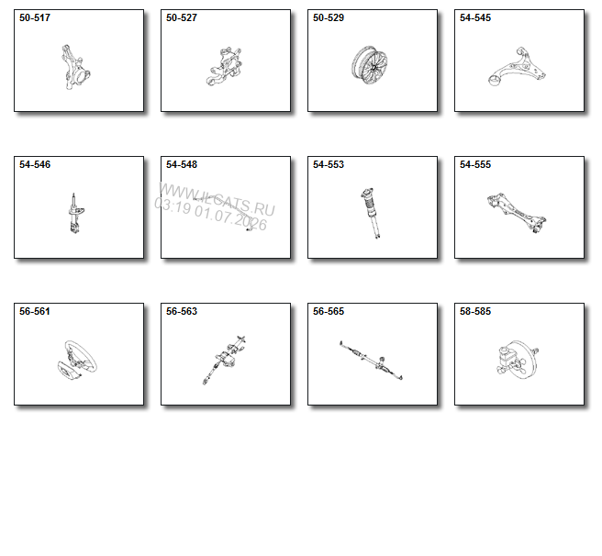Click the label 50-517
pyautogui.click(x=35, y=17)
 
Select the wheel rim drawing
pyautogui.click(x=369, y=65)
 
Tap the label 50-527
pyautogui.click(x=181, y=17)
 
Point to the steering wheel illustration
pyautogui.click(x=77, y=360)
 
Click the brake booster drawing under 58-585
pyautogui.click(x=518, y=360)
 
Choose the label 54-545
pyautogui.click(x=475, y=17)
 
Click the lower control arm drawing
pyautogui.click(x=517, y=67)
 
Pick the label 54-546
pyautogui.click(x=35, y=164)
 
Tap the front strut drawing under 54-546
pyautogui.click(x=75, y=214)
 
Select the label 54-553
pyautogui.click(x=329, y=164)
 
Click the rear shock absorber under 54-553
pyautogui.click(x=371, y=213)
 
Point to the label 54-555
pyautogui.click(x=475, y=164)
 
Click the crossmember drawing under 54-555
pyautogui.click(x=517, y=213)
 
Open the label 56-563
pyautogui.click(x=181, y=311)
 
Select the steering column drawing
pyautogui.click(x=225, y=360)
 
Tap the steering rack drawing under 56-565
pyautogui.click(x=371, y=360)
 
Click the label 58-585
pyautogui.click(x=475, y=311)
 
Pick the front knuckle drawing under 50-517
pyautogui.click(x=75, y=67)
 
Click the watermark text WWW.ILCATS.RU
pyautogui.click(x=217, y=200)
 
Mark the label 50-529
pyautogui.click(x=329, y=17)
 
